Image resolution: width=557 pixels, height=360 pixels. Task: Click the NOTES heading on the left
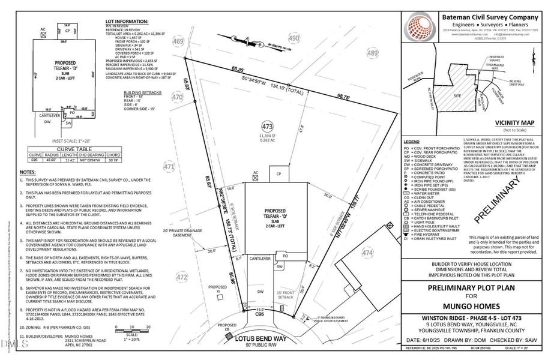click(28, 172)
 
